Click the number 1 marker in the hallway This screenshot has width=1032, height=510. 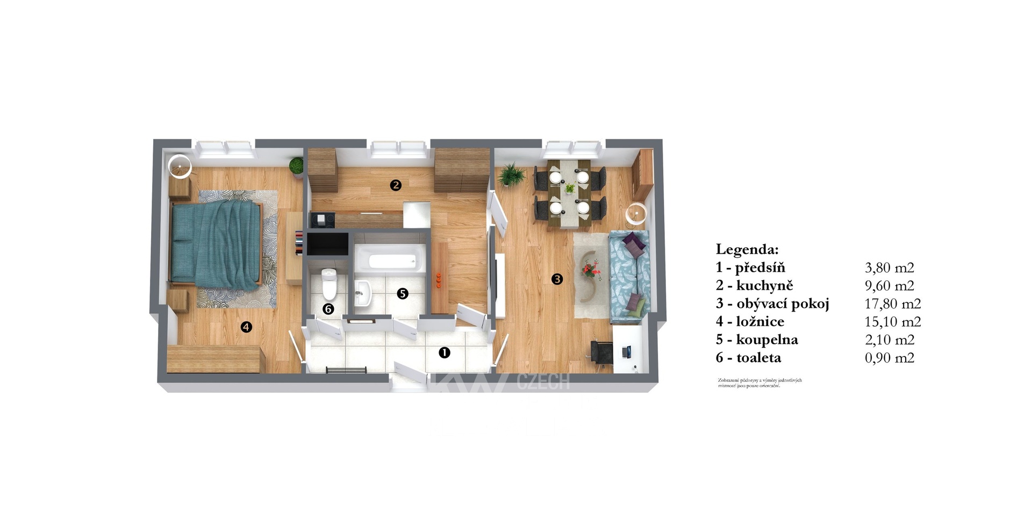[444, 352]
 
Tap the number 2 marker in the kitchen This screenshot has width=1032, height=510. [396, 185]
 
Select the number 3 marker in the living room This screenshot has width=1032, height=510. [557, 279]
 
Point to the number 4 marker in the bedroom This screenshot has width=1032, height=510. [246, 327]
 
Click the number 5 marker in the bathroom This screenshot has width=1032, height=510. [403, 293]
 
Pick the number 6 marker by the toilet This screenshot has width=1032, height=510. [328, 309]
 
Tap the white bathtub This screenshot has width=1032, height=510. [391, 261]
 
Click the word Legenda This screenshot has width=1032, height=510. [747, 249]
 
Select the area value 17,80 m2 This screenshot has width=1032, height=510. [892, 303]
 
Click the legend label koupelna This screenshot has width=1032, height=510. [767, 339]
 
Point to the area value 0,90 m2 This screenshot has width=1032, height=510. [889, 358]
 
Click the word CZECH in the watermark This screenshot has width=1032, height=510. [543, 381]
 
